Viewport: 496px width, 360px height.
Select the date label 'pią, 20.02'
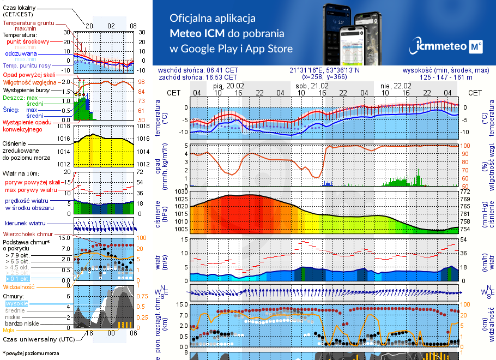tap(229, 86)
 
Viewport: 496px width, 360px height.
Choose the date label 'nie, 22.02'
tap(396, 86)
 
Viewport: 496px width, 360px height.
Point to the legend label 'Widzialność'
tap(19, 286)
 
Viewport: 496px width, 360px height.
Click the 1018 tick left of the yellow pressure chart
tap(65, 127)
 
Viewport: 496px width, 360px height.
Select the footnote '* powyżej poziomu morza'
tap(31, 353)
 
